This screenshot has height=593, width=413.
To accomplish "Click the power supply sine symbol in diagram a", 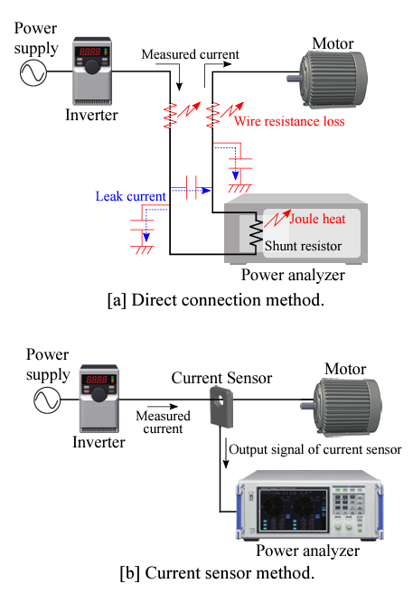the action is click(x=33, y=72).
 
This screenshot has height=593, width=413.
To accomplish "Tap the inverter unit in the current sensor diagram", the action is click(x=99, y=399).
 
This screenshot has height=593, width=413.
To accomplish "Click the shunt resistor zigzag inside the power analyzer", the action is click(x=256, y=234).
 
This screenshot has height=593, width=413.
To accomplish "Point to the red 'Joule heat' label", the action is click(x=317, y=219).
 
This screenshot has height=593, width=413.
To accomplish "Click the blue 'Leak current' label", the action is click(x=130, y=196).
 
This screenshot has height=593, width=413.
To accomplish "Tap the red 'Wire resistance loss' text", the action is click(x=289, y=121).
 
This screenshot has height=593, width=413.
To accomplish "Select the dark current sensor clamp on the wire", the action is click(x=221, y=407).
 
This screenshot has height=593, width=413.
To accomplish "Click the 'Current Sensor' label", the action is click(x=221, y=378).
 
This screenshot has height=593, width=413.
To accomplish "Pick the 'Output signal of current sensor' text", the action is click(x=315, y=449).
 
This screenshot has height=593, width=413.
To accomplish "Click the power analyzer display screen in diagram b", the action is click(x=293, y=510).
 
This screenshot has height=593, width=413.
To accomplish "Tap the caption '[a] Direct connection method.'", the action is click(x=216, y=300).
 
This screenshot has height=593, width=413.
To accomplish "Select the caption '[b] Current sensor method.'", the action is click(x=217, y=573).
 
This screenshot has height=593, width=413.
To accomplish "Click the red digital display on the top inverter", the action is click(x=89, y=52).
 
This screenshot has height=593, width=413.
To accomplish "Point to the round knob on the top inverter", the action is click(x=92, y=66).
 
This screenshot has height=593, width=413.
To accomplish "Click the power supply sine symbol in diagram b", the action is click(x=47, y=400).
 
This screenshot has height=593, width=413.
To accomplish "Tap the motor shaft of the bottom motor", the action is click(x=307, y=406).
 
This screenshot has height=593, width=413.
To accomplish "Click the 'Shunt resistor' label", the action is click(x=303, y=246).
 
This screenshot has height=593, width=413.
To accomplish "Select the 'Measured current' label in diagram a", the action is click(x=191, y=54).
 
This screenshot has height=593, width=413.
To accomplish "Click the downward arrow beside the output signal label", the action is click(x=226, y=453).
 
